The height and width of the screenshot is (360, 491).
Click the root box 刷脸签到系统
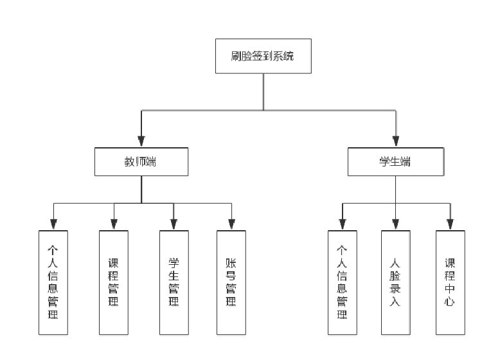click(x=263, y=56)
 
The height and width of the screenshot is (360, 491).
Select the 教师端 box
click(x=141, y=161)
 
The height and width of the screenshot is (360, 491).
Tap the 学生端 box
click(x=395, y=161)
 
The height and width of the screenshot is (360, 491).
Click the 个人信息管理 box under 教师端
click(x=53, y=282)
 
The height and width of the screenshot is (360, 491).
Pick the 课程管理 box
click(x=114, y=282)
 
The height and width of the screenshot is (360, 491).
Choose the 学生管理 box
click(x=174, y=282)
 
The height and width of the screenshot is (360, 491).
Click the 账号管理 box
click(x=231, y=282)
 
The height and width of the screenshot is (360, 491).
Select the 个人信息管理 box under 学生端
click(x=343, y=282)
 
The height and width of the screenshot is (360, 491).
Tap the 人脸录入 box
click(x=395, y=282)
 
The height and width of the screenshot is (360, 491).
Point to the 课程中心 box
click(x=450, y=282)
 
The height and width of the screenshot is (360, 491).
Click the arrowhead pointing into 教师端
click(x=141, y=141)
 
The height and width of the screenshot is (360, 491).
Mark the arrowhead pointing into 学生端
click(x=396, y=141)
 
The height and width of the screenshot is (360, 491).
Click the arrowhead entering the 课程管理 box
click(x=114, y=224)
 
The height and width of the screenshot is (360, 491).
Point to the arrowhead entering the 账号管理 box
click(x=231, y=224)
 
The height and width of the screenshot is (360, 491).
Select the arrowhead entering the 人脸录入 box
click(x=395, y=224)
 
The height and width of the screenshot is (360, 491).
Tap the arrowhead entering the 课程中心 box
click(x=450, y=224)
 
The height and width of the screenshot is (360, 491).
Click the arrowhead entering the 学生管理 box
click(x=174, y=224)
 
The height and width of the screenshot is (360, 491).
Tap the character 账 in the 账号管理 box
click(x=231, y=263)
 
